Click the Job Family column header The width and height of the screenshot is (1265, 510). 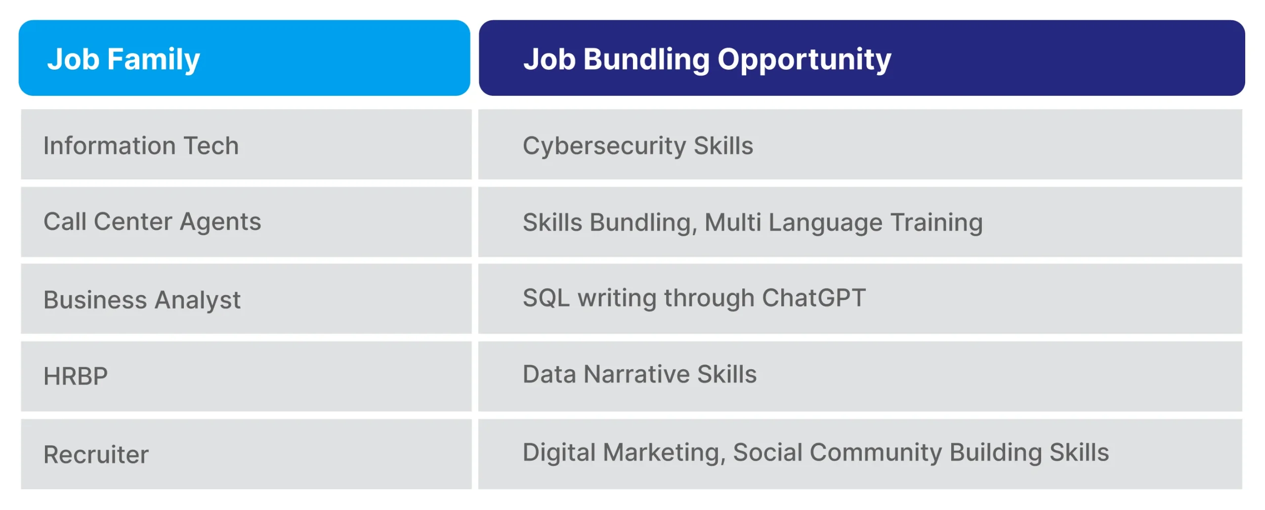tap(244, 58)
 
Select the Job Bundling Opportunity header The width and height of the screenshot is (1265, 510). tap(861, 58)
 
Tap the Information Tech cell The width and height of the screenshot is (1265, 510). tap(246, 144)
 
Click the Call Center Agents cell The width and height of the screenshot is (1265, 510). tap(246, 222)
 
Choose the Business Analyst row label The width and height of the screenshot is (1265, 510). tap(142, 300)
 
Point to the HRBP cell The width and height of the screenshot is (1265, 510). tap(246, 377)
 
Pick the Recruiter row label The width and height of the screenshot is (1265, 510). tap(96, 454)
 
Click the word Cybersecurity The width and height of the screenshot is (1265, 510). tap(604, 146)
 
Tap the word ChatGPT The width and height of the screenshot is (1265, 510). tap(814, 297)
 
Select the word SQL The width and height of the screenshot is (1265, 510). tap(546, 297)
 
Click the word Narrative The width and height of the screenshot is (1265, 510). tap(640, 374)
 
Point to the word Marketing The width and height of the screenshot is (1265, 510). tap(664, 453)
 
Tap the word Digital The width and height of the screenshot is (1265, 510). tap(559, 453)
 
